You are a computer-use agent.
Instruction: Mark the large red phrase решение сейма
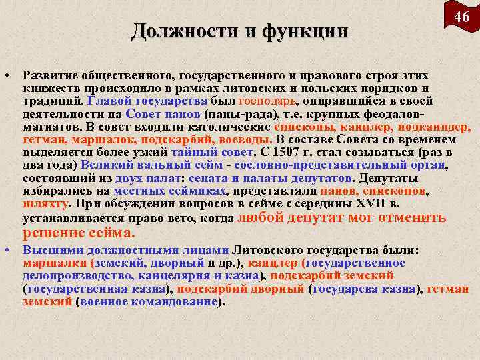(x=79, y=233)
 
